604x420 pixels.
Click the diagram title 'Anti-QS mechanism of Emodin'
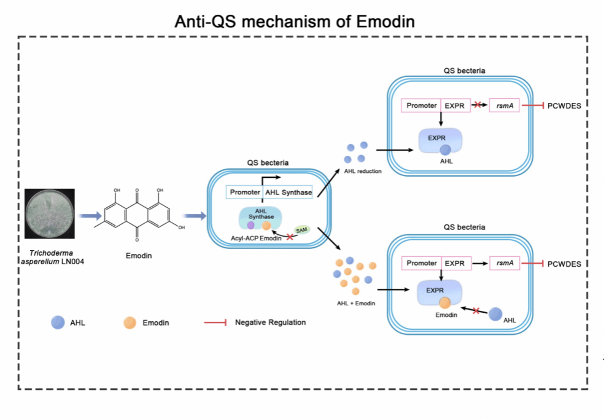coord(295,21)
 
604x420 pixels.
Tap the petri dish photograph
coord(50,213)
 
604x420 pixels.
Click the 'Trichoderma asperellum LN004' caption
coord(52,257)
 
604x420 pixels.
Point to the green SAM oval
coord(301,230)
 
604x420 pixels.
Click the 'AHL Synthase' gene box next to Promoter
coord(288,193)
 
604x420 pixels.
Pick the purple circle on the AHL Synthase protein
coord(251,225)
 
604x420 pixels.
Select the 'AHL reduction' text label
coord(363,171)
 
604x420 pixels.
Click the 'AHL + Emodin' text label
coord(356,303)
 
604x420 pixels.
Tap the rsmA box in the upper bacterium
coord(504,105)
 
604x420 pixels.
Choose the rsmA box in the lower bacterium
coord(505,263)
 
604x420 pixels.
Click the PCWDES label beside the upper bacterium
coord(564,106)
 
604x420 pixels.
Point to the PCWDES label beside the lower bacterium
coord(564,264)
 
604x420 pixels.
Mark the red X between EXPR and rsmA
coord(478,105)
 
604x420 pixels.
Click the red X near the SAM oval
coord(290,237)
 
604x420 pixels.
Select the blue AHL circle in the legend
coord(58,323)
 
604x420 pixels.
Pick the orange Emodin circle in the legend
coord(130,323)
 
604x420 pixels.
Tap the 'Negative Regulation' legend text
coord(271,323)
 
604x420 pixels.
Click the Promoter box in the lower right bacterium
coord(422,263)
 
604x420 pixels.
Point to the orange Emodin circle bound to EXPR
coord(445,303)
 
